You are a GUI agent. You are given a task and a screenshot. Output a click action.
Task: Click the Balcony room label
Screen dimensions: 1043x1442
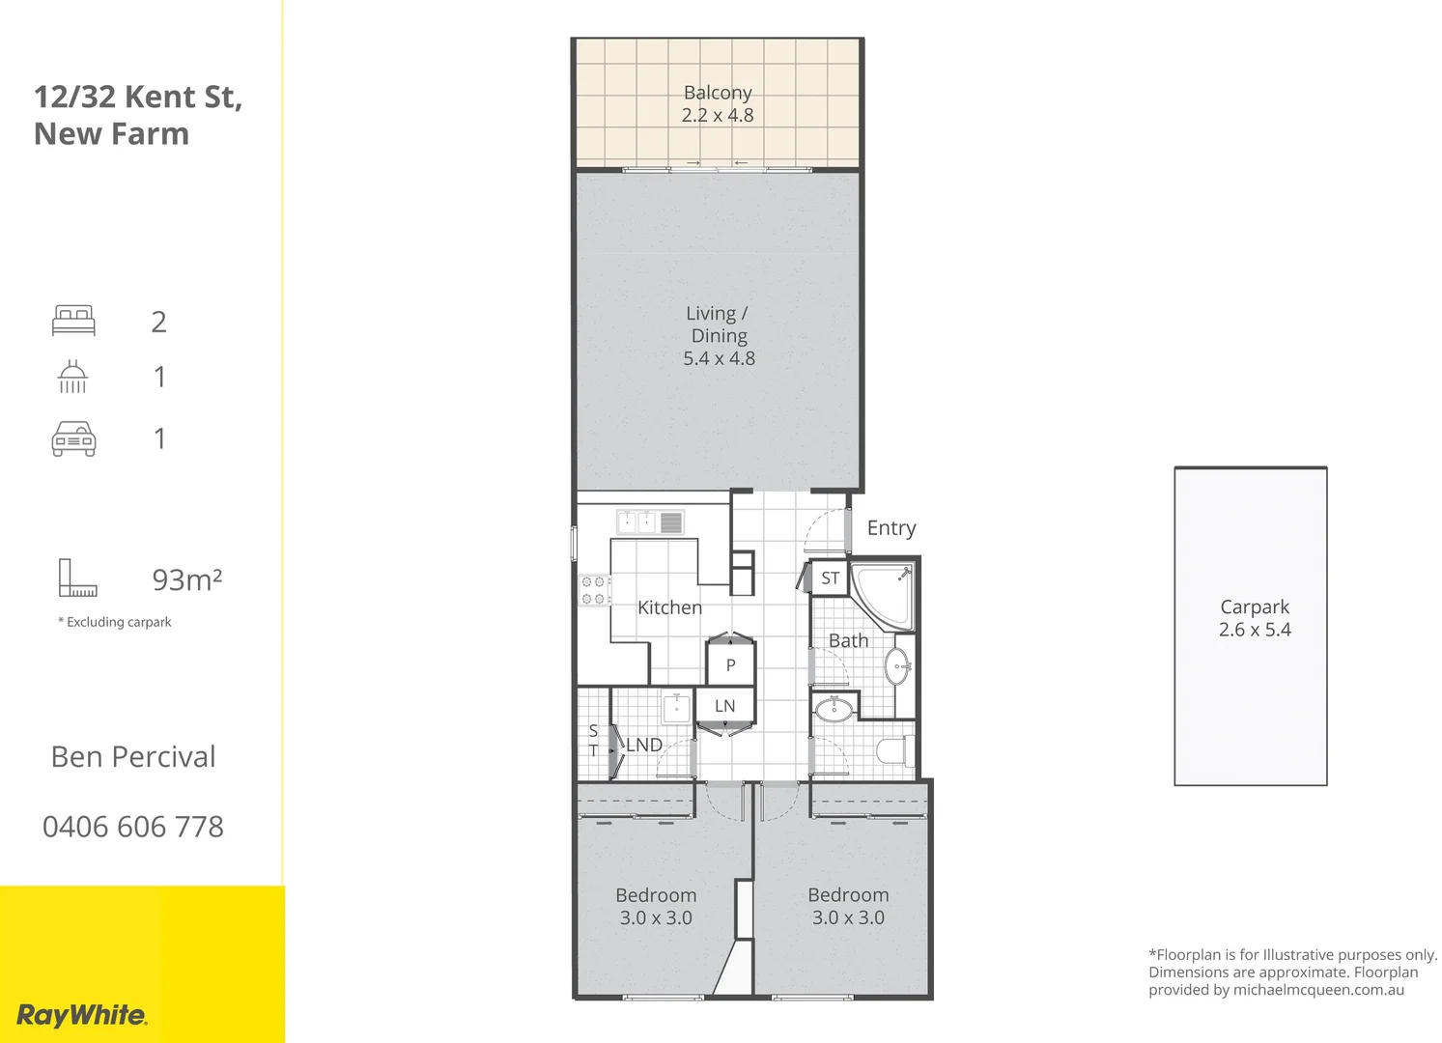718,93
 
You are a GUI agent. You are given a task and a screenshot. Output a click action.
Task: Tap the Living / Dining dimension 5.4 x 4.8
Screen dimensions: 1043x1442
719,358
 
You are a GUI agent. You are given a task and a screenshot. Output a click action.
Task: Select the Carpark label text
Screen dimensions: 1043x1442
1254,606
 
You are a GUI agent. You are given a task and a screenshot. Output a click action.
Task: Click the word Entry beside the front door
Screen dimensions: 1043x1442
891,527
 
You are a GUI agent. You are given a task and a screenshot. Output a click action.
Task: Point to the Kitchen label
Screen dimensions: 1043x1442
669,607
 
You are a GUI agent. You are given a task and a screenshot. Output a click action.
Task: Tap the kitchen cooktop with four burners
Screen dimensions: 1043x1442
594,590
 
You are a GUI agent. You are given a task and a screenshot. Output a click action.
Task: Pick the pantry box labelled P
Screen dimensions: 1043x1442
730,664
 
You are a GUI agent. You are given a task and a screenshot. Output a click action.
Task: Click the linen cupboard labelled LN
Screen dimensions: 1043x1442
724,706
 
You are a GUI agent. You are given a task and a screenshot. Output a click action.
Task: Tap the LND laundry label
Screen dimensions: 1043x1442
644,745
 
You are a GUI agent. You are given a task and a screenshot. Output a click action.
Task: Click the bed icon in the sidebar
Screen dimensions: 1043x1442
74,321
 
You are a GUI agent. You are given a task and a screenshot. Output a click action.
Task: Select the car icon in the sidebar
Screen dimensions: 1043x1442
74,438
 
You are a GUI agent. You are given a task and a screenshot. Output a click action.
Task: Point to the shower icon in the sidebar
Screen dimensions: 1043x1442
73,377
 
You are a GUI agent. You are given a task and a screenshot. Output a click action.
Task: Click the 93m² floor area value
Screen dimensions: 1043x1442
187,579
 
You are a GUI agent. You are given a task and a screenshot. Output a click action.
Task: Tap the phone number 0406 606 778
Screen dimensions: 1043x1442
133,827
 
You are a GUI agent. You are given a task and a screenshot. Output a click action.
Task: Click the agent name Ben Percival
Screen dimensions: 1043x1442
133,757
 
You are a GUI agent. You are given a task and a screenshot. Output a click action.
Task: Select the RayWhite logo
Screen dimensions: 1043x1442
82,1015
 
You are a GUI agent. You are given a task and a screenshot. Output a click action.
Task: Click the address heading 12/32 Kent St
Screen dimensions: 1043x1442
138,97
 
